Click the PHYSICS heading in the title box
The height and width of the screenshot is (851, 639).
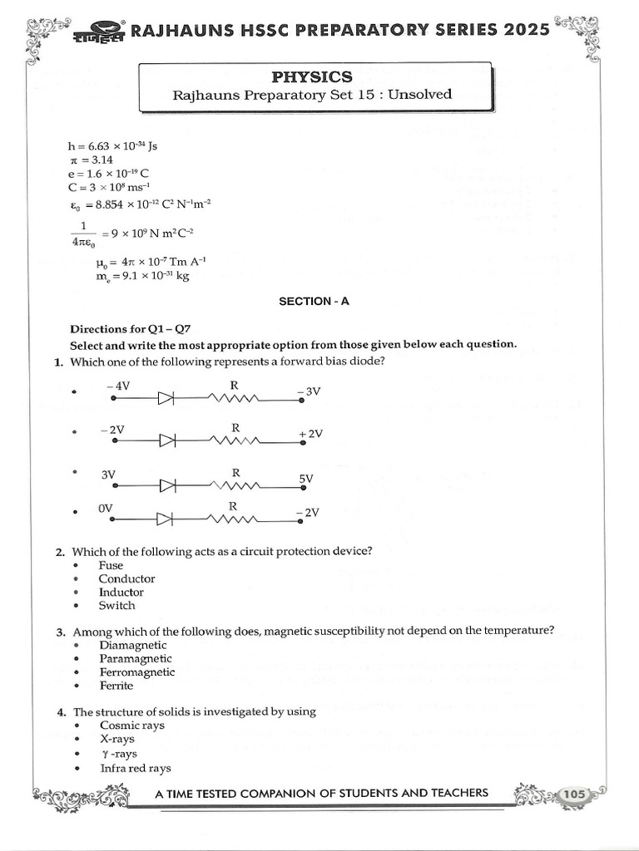pos(312,76)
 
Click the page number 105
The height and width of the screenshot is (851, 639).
pos(574,794)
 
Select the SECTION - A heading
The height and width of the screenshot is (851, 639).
pos(314,302)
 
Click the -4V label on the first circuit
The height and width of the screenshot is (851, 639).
pos(118,386)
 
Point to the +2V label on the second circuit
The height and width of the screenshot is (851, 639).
pos(310,434)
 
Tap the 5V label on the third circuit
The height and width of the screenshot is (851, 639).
pos(306,480)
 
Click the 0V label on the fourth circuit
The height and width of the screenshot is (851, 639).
pos(105,508)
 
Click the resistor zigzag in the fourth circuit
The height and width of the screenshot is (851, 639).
pos(235,520)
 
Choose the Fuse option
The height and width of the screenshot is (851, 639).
pos(111,565)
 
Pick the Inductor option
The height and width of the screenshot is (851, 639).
pos(121,593)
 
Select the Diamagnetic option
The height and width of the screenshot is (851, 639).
pos(132,645)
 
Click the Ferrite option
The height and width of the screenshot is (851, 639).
pos(116,686)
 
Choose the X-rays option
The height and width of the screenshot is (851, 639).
pos(116,739)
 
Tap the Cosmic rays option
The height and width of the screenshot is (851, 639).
pos(131,725)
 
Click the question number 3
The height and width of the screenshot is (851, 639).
pos(62,632)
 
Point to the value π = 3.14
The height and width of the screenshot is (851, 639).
pos(92,160)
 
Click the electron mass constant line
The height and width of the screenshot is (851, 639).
pos(142,277)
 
